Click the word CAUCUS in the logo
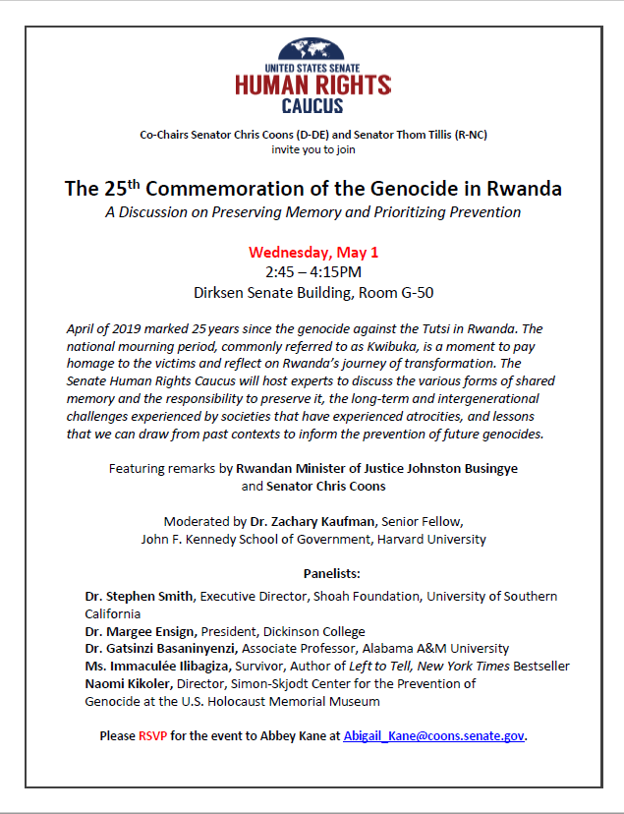coord(312,105)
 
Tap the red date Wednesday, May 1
coord(312,253)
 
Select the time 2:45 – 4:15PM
coord(312,272)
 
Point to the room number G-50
coord(414,292)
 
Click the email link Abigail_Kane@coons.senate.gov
coord(433,735)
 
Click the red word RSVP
coord(152,735)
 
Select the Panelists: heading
coord(312,572)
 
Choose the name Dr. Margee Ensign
coord(141,631)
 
